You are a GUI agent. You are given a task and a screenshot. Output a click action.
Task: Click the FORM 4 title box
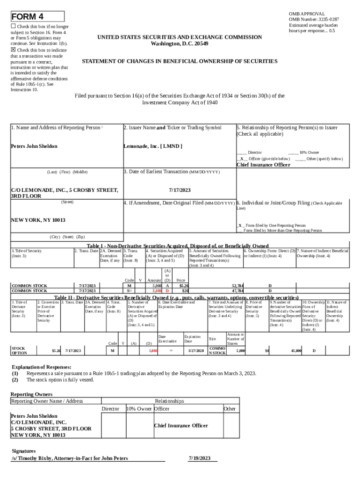pos(37,17)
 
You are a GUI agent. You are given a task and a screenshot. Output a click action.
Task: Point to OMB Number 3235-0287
pos(314,19)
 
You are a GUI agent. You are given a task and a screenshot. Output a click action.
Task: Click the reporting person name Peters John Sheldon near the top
pos(34,146)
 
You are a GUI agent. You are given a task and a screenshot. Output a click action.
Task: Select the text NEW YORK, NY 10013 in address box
pos(38,220)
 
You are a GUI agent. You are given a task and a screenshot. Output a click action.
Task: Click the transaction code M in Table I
pos(129,285)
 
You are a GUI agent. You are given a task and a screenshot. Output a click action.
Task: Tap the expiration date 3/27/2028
pos(195,350)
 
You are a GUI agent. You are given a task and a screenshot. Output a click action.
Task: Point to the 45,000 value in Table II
pos(296,350)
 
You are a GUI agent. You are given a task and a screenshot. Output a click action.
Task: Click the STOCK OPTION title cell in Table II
pos(19,350)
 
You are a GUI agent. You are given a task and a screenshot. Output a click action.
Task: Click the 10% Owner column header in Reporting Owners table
pos(139,409)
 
